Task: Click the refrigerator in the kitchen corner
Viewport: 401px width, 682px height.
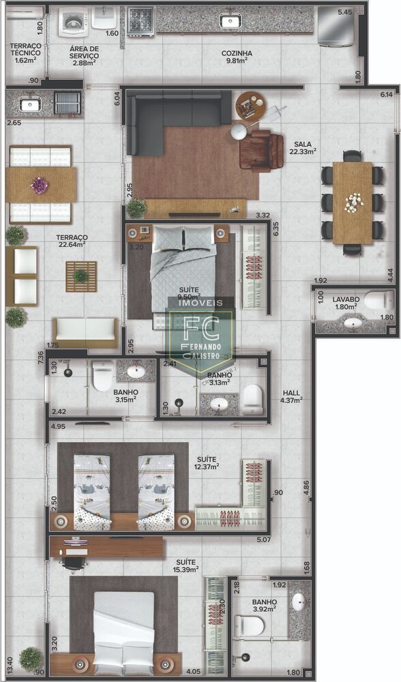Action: tap(336, 25)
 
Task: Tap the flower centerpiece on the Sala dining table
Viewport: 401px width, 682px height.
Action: tap(353, 201)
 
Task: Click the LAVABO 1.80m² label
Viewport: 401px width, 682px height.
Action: tap(346, 303)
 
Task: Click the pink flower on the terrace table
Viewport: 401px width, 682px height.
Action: tap(40, 185)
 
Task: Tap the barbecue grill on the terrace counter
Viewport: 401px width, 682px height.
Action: tap(67, 103)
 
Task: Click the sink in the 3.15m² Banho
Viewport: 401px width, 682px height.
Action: tap(136, 372)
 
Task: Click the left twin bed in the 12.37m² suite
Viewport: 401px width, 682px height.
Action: tap(91, 490)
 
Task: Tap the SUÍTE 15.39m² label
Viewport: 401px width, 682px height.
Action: tap(185, 565)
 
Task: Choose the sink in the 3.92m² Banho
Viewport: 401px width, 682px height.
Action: tap(299, 602)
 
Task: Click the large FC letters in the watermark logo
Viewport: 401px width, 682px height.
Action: tap(199, 329)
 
